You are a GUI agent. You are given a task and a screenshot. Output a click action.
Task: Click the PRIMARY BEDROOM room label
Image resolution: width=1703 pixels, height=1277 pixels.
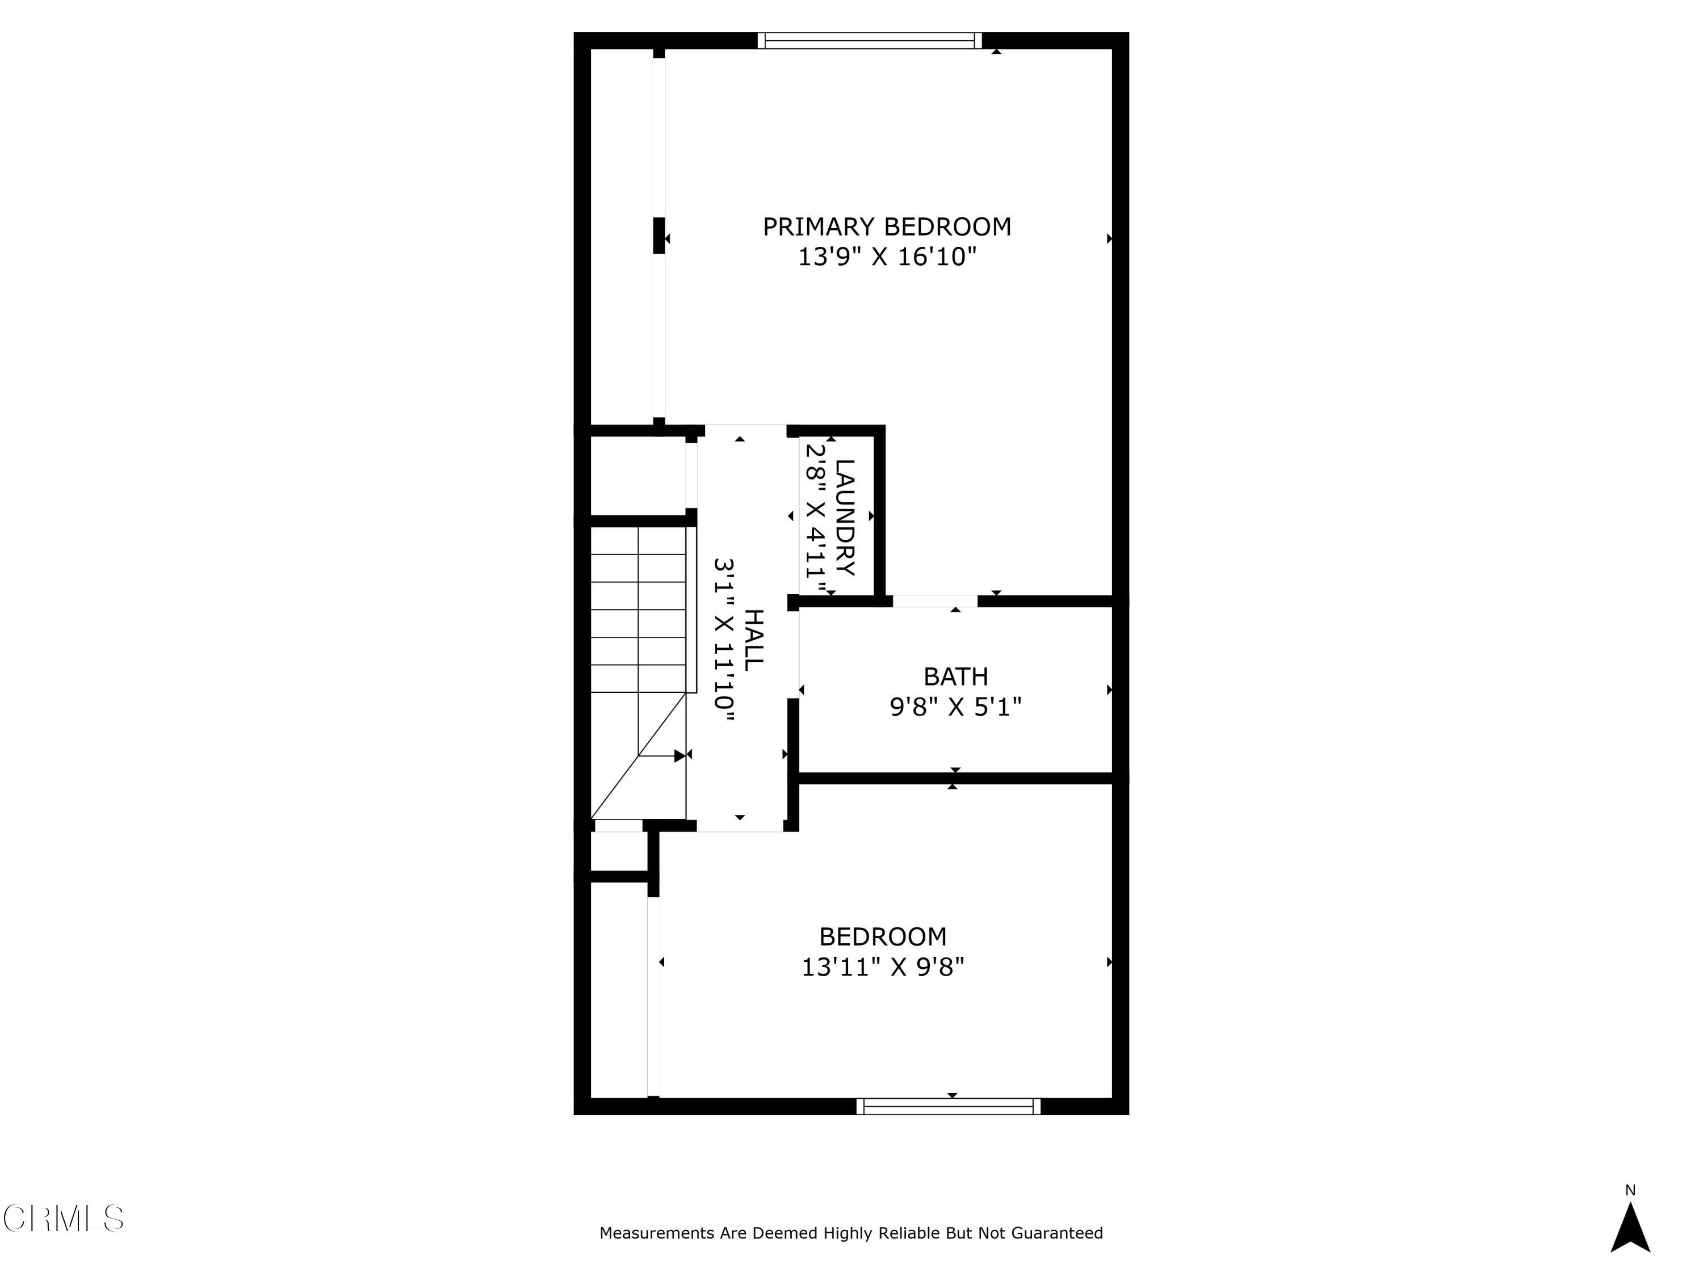click(x=886, y=227)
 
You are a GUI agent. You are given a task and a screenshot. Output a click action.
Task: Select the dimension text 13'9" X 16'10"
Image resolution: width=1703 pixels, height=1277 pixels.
click(x=886, y=257)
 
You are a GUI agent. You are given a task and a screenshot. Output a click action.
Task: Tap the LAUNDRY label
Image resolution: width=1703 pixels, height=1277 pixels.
click(x=845, y=517)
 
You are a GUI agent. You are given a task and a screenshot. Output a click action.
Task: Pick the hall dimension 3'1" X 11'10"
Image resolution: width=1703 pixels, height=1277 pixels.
click(x=724, y=639)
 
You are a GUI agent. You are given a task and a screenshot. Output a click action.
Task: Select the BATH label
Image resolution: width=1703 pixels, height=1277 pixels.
click(x=955, y=677)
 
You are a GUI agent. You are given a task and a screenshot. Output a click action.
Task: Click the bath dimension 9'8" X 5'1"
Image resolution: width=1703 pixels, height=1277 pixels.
click(x=955, y=707)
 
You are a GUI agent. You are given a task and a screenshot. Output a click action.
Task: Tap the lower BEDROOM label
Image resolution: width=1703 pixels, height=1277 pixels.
click(x=882, y=937)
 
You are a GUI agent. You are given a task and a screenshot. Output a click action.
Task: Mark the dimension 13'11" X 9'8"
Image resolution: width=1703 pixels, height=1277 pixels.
click(x=882, y=967)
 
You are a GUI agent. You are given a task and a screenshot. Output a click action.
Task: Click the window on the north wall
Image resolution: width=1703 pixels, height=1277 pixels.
click(x=870, y=40)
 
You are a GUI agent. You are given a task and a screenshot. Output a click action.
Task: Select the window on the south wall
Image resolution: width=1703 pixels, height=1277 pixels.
click(x=949, y=1106)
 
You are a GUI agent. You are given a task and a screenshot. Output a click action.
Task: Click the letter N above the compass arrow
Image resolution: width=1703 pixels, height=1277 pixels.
click(x=1630, y=1190)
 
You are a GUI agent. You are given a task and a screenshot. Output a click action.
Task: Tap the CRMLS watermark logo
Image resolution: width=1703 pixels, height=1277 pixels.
click(x=63, y=1219)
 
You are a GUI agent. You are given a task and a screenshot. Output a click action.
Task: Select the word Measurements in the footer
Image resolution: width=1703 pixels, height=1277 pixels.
click(x=657, y=1233)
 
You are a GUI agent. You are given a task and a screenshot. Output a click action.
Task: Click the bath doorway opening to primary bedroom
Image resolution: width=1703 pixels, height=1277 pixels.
click(x=934, y=601)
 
